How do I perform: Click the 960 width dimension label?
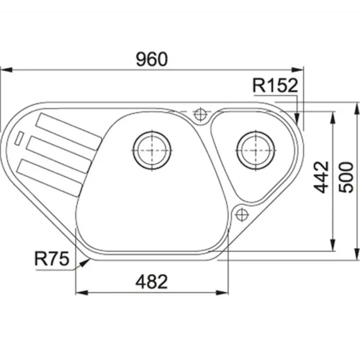point(152,59)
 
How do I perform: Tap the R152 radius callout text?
point(275,85)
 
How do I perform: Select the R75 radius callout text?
point(52,259)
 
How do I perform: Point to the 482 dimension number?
point(152,282)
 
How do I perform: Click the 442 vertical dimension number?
point(321,177)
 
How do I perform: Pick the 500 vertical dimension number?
point(346,177)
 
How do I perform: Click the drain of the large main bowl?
point(152,151)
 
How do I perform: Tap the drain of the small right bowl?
point(256,151)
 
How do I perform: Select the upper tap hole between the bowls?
point(200,113)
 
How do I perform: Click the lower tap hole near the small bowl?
point(242,215)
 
